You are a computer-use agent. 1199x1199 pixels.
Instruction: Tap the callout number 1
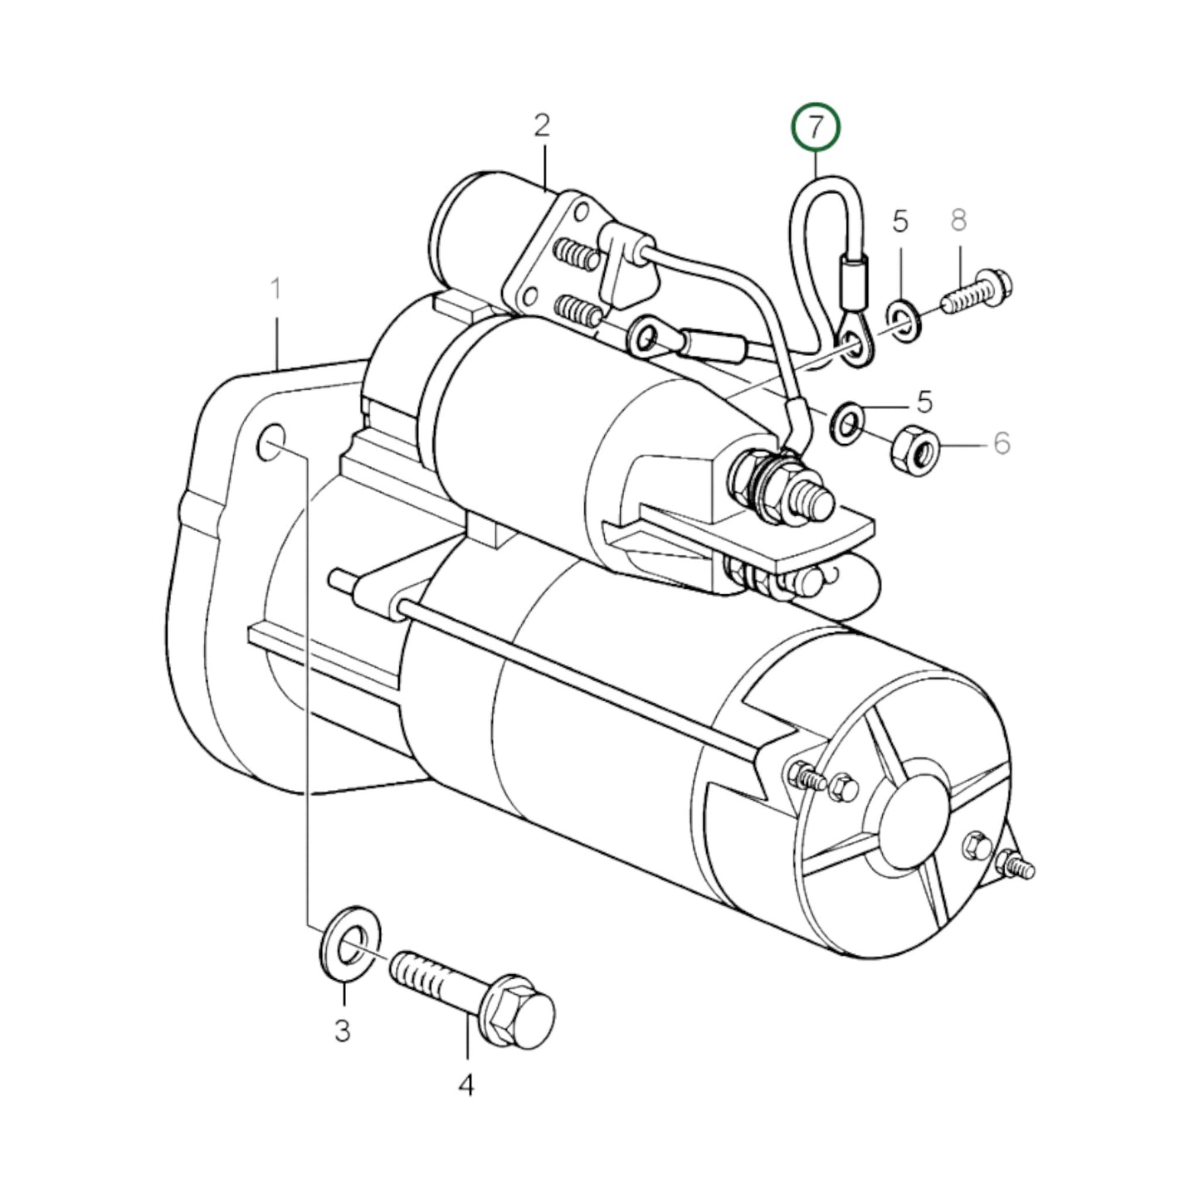[275, 291]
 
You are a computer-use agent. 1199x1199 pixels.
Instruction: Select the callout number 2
[541, 126]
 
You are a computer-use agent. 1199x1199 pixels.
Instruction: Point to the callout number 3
[342, 1031]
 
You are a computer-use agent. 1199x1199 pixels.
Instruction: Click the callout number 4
[466, 1084]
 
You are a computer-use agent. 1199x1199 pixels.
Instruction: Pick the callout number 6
[1002, 444]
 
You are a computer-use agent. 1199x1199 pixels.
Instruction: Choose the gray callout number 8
[958, 221]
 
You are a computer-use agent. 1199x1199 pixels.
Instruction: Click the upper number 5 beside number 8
[900, 222]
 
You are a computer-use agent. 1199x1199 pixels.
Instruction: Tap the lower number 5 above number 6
[925, 402]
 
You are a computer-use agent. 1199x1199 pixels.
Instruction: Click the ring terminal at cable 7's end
[852, 344]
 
